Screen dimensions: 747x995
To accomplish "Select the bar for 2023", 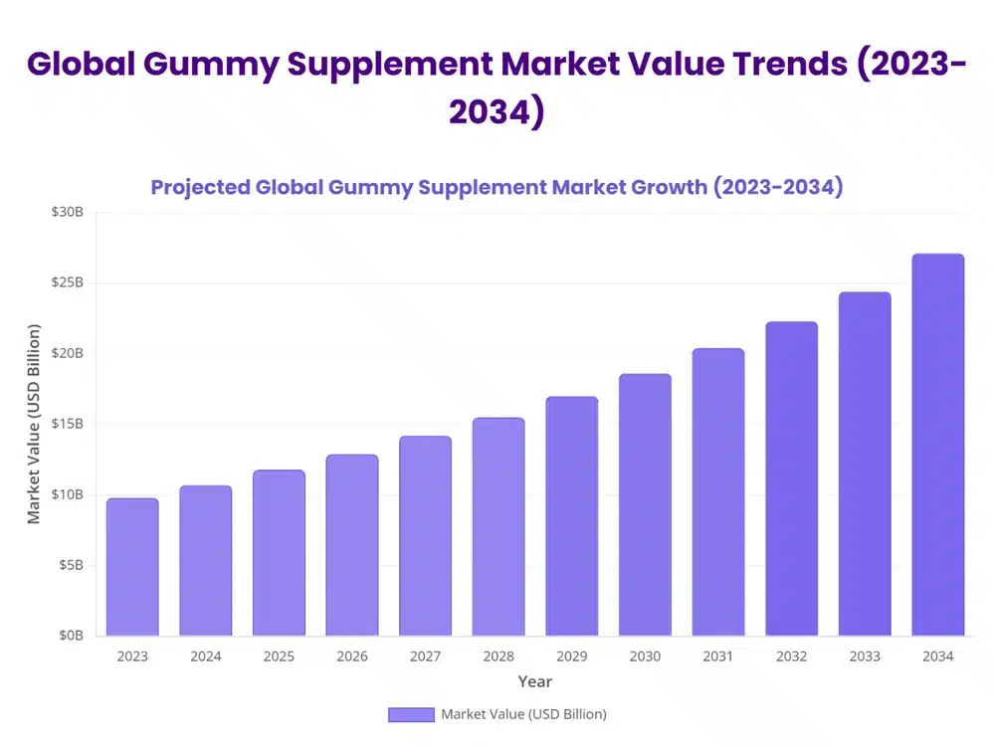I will [132, 567].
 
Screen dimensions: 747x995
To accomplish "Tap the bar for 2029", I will [571, 516].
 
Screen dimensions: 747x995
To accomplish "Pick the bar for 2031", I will [717, 492].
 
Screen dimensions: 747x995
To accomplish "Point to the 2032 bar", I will [791, 478].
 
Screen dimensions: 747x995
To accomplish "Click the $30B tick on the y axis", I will [69, 212].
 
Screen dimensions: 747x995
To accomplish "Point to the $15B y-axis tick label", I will [69, 424].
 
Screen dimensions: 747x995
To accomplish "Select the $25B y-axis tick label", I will [69, 282].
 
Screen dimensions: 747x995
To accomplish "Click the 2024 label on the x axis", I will [206, 656].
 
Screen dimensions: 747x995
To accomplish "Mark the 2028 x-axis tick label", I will [498, 656].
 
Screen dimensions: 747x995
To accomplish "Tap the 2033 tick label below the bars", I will [864, 656].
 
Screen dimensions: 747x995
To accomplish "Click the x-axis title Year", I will [534, 681].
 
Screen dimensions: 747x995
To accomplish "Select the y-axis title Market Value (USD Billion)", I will [34, 424].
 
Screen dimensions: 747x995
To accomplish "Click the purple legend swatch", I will [411, 714].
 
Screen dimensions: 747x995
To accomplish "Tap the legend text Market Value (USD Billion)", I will [523, 714].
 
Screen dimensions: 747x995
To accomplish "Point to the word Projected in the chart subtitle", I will [199, 187].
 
